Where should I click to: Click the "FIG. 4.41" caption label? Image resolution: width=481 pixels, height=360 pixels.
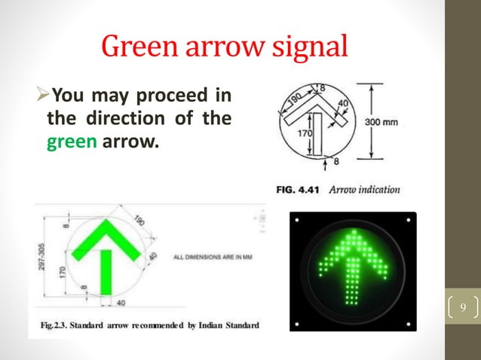302,189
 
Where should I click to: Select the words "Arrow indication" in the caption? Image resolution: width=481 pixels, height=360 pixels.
365,189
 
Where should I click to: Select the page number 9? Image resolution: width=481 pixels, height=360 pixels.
463,307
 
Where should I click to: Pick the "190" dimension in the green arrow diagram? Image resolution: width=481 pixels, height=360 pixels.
139,222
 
